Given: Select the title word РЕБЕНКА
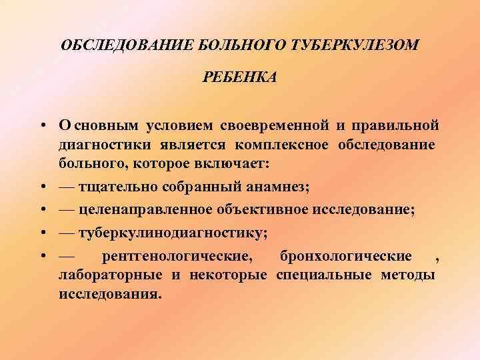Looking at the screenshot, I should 239,78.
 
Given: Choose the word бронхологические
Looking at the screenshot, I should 355,256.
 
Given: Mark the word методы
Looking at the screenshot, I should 409,275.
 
